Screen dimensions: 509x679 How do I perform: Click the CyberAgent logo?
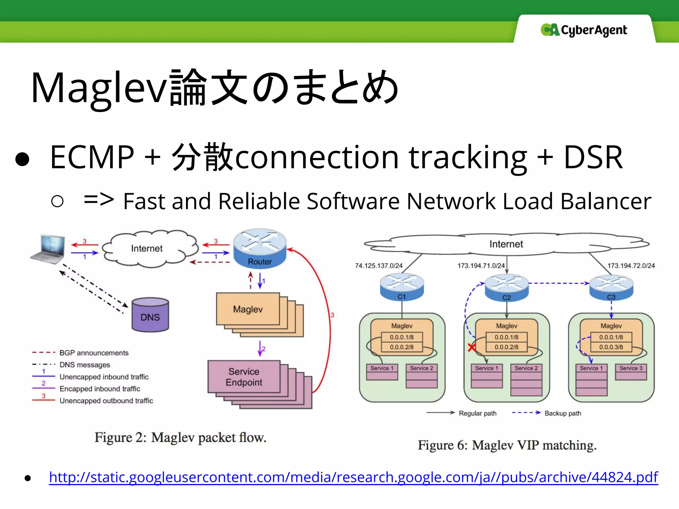(x=584, y=30)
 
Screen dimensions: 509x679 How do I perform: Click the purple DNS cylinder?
(x=150, y=315)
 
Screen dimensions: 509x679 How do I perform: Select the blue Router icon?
(x=260, y=249)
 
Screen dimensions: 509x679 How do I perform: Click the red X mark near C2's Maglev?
(x=471, y=347)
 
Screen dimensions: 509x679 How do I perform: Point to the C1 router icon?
(x=401, y=287)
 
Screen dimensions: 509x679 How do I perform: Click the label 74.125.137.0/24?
(x=379, y=266)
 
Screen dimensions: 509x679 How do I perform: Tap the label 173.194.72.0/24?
(x=631, y=266)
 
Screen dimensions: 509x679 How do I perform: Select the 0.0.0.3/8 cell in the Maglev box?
(x=611, y=347)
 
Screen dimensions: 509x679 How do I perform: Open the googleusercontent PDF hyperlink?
(x=353, y=477)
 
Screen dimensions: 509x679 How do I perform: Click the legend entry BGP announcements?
(x=94, y=353)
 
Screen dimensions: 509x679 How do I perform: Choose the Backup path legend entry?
(x=563, y=413)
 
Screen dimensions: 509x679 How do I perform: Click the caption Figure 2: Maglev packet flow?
(x=180, y=437)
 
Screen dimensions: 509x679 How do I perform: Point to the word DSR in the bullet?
(x=593, y=157)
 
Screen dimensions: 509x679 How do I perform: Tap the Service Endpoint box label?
(x=244, y=377)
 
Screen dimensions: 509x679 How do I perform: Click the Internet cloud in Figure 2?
(x=147, y=249)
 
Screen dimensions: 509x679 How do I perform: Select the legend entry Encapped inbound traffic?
(x=100, y=389)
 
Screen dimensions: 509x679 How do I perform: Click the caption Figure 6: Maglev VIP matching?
(x=507, y=445)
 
